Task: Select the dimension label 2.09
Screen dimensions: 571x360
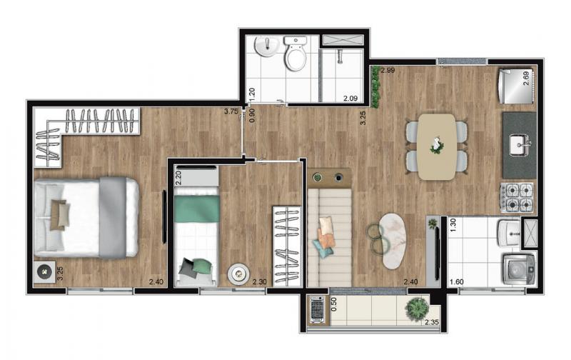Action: coord(351,98)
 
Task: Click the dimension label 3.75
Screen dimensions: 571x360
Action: coord(231,111)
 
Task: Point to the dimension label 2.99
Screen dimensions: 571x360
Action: coord(388,70)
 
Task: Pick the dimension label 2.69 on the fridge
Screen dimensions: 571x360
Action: coord(526,78)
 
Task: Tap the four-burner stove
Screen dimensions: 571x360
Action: coord(517,197)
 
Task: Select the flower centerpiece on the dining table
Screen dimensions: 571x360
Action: coord(436,145)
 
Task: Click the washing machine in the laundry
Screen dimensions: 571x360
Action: coord(520,269)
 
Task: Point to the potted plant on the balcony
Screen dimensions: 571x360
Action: coord(417,309)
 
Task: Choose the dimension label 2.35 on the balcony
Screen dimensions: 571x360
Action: coord(432,321)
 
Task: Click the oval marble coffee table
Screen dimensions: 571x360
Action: coord(392,241)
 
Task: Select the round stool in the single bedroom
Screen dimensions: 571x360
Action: coord(238,273)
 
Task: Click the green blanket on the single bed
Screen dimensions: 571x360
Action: coord(197,209)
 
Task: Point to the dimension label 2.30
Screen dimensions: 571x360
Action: coord(260,281)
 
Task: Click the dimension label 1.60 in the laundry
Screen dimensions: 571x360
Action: coord(457,281)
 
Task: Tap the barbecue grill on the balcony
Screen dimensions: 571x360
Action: coord(317,309)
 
